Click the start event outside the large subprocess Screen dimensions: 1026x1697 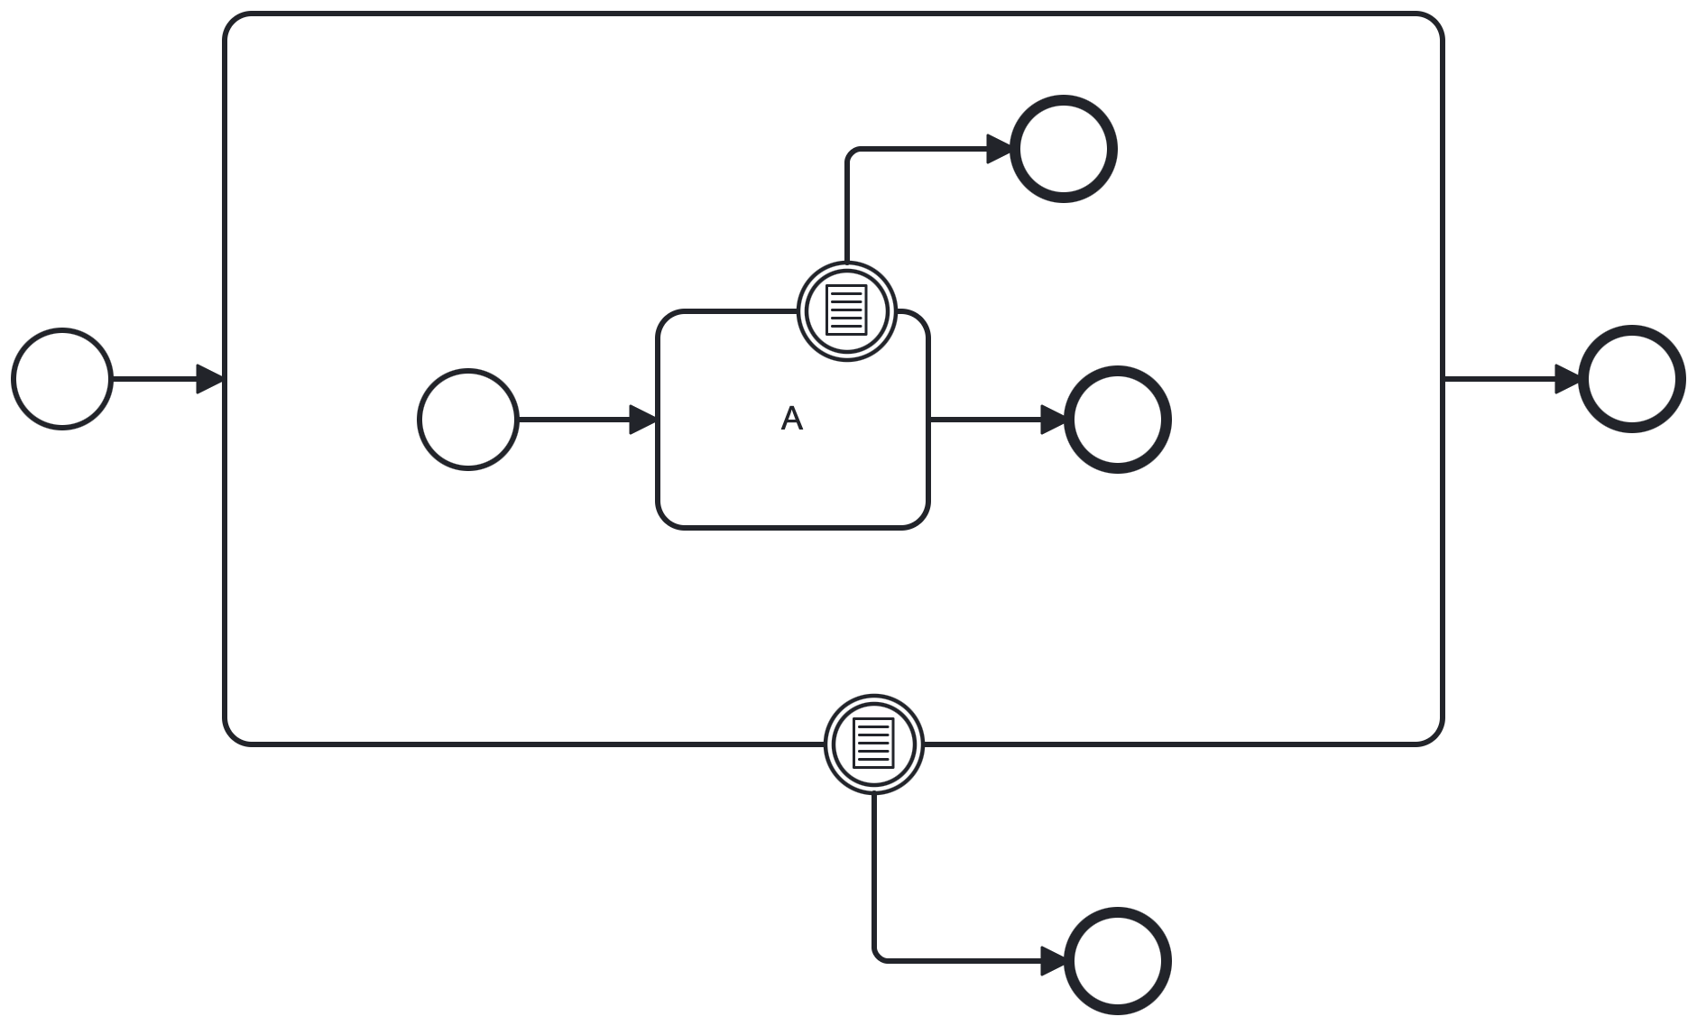(62, 379)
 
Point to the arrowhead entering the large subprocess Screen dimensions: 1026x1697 (210, 379)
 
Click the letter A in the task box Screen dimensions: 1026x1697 (791, 419)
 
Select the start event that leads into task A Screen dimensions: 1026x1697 (468, 420)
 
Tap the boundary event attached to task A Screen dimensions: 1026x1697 (847, 311)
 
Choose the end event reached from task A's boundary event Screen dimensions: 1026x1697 (1064, 149)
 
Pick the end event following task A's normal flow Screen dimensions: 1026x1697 (1118, 420)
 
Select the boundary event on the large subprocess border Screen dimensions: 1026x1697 (874, 744)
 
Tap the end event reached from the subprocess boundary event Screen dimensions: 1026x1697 (1118, 961)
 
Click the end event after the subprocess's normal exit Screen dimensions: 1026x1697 (1632, 379)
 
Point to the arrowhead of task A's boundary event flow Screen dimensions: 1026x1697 (1001, 149)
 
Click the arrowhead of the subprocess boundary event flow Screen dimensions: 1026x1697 (1054, 961)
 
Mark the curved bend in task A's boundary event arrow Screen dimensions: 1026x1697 (851, 153)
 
